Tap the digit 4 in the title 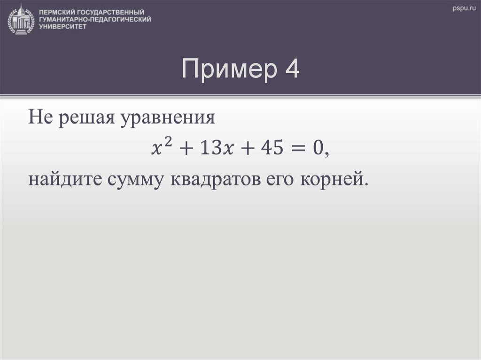coord(291,70)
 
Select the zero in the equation coord(318,149)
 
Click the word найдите coord(61,180)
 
